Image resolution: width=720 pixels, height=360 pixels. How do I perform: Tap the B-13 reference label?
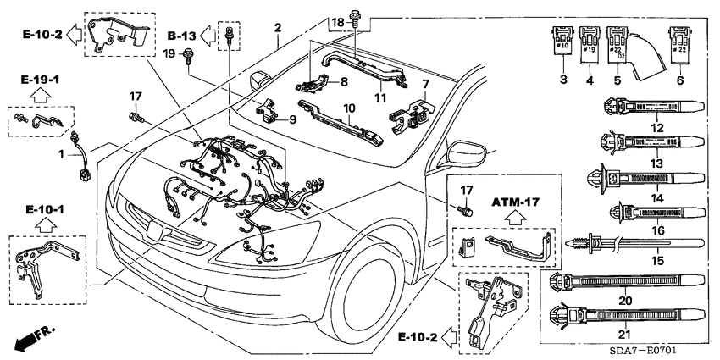click(x=182, y=36)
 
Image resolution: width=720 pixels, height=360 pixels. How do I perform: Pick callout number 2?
click(x=277, y=29)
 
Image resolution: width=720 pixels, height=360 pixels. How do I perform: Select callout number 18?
click(x=337, y=20)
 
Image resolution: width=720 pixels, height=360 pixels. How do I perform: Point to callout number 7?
click(x=426, y=84)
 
